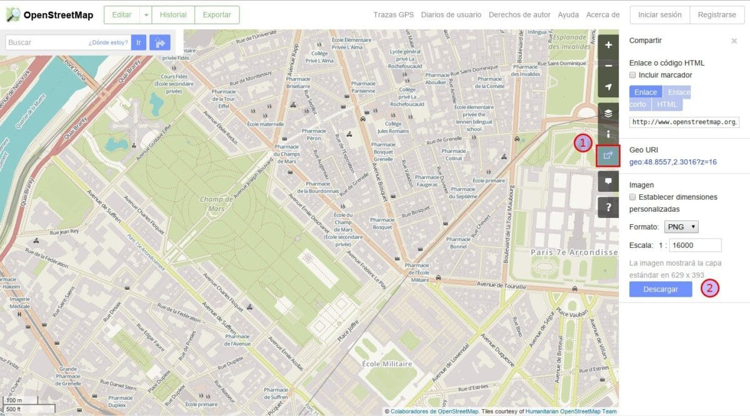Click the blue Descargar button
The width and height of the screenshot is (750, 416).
pos(661,289)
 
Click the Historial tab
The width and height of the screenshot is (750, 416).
pos(173,14)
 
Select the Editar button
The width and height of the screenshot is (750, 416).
pos(121,14)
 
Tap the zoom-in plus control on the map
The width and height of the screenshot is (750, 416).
pos(608,45)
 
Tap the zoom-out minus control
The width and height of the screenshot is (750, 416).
pos(608,66)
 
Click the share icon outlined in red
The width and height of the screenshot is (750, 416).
pos(608,155)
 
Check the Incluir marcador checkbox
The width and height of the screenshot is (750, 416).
pos(632,75)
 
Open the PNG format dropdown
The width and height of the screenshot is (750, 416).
pos(681,227)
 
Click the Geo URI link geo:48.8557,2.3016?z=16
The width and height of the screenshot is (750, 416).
pos(672,162)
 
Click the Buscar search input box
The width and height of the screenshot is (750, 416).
pos(47,42)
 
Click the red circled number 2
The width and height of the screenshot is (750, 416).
pos(710,289)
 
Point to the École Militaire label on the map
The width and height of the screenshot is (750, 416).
pos(387,364)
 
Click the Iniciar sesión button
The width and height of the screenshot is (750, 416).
pos(659,14)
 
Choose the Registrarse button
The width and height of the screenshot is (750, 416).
pos(716,14)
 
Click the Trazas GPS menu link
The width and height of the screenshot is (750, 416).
pos(393,14)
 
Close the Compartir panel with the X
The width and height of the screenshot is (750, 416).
pos(734,41)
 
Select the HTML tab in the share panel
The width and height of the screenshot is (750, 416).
pos(667,104)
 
